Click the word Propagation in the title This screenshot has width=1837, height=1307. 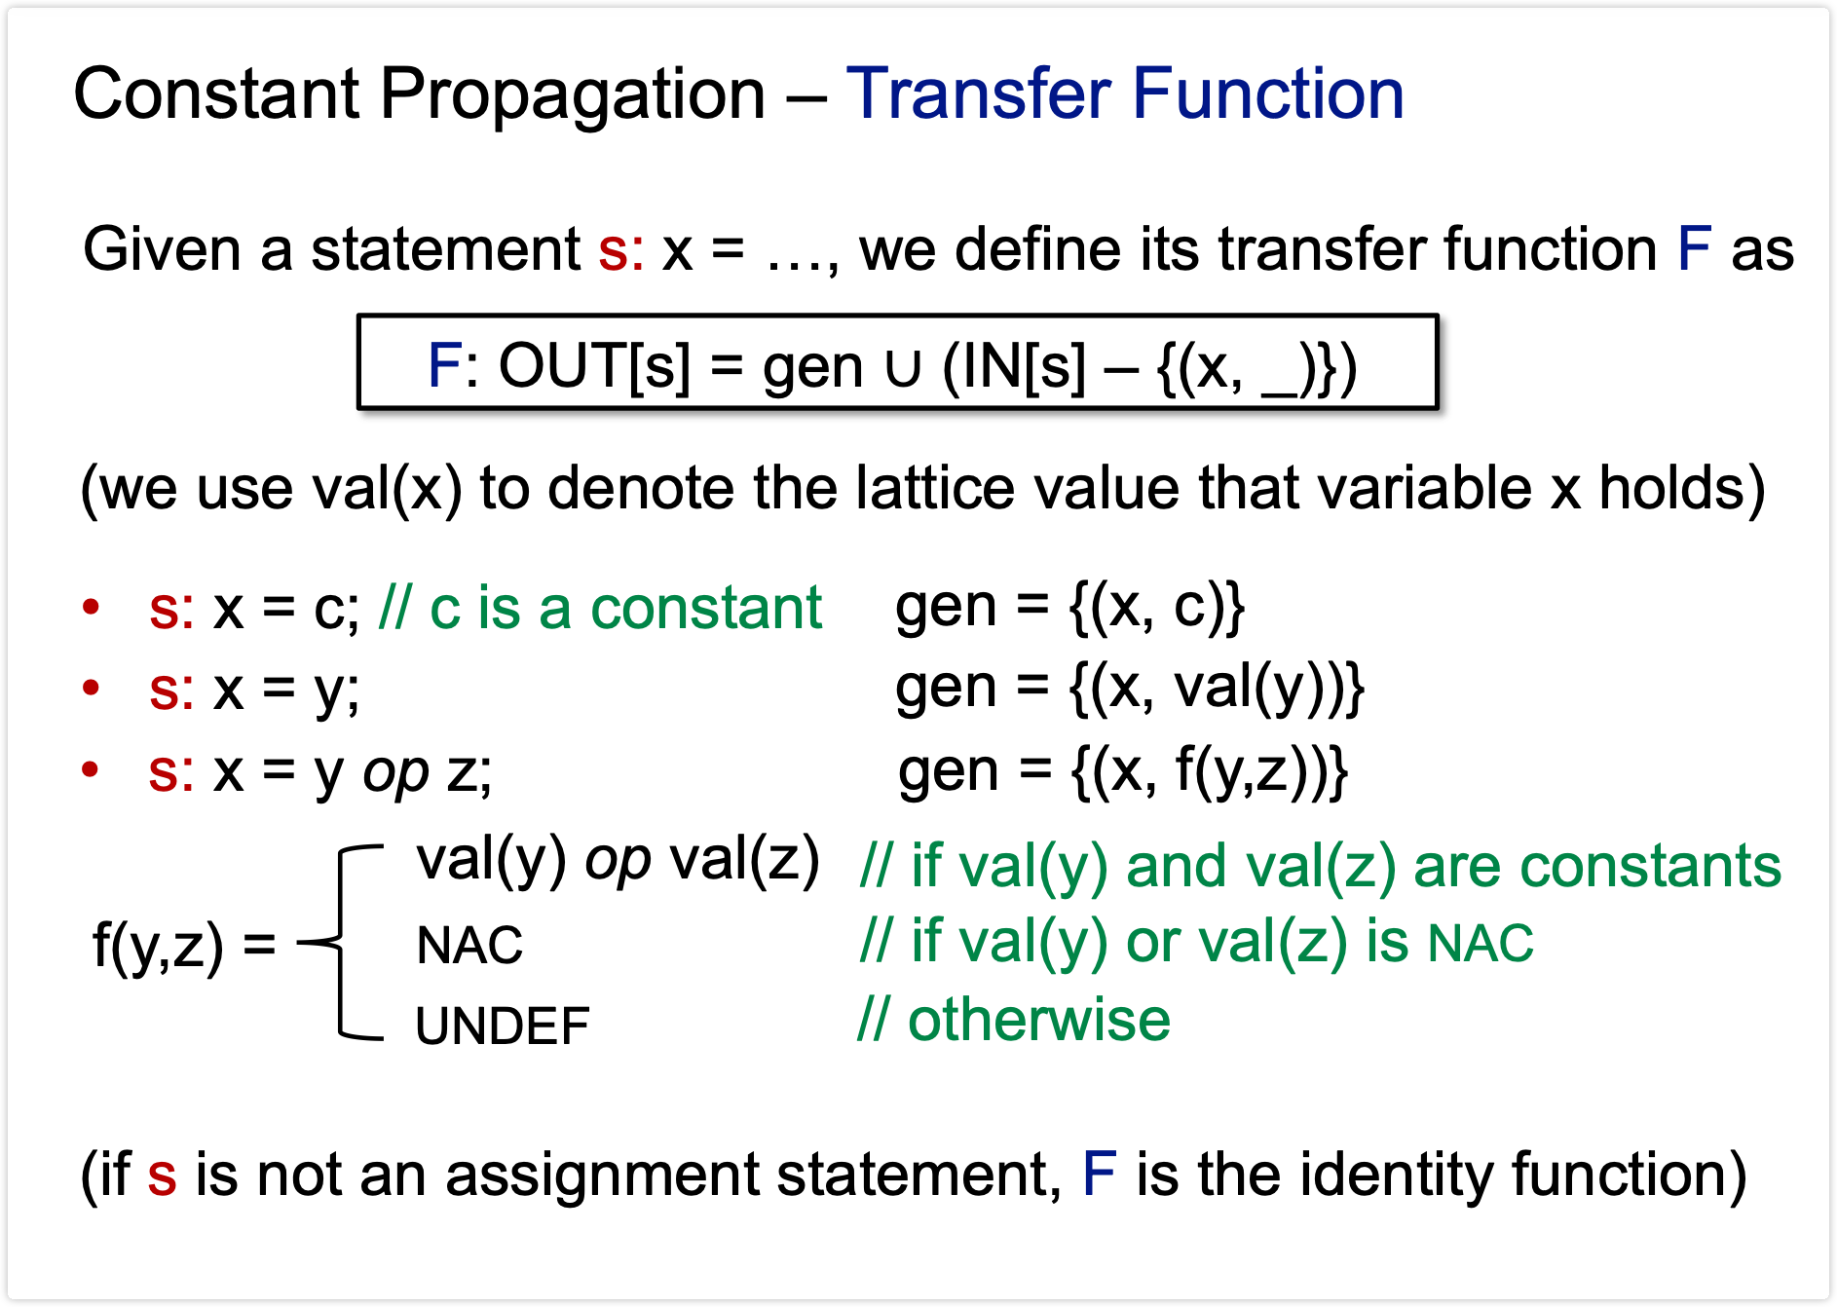572,95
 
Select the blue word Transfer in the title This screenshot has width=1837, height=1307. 978,95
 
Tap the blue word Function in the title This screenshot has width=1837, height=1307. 1267,95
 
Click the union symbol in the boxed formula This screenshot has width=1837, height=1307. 903,368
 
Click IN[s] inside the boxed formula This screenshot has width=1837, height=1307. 1014,366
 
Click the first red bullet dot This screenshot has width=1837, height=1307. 92,607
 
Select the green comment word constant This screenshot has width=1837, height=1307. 706,609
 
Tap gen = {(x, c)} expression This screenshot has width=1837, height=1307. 1069,607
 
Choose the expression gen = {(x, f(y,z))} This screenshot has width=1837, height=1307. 1123,770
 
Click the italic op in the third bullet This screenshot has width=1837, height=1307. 395,772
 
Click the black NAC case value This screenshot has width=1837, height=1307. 469,945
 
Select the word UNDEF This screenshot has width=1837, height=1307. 503,1026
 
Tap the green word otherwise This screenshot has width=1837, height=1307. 1038,1020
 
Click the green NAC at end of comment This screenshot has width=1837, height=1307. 1481,943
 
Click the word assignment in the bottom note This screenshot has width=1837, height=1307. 601,1174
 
